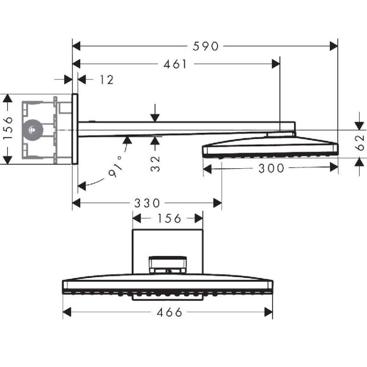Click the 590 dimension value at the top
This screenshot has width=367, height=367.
point(205,46)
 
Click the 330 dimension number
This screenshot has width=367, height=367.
point(147,203)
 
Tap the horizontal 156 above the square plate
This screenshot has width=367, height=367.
point(167,218)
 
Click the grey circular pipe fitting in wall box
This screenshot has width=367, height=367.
point(33,130)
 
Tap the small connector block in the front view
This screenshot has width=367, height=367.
point(168,264)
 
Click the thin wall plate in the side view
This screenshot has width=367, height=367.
point(75,129)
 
